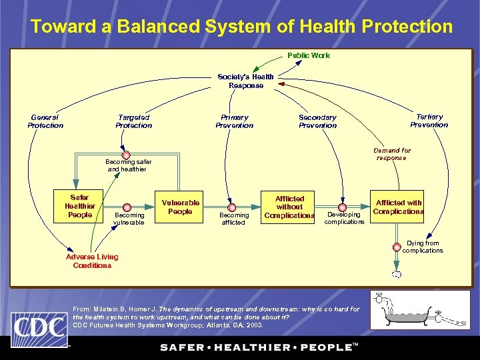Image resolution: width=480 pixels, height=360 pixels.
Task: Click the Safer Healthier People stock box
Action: click(80, 206)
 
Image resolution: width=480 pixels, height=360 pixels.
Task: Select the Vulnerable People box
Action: click(180, 207)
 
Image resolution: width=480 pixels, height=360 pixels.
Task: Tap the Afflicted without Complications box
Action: click(289, 207)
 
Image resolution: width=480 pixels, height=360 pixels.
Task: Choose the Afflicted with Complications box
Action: click(398, 207)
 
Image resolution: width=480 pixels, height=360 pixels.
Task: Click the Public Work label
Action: click(309, 55)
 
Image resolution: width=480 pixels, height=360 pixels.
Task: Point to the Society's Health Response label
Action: click(245, 81)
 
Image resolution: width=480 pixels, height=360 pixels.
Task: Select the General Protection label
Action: click(45, 121)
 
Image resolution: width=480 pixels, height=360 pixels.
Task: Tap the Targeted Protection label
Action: click(133, 121)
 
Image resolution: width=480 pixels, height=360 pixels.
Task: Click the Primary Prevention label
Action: click(234, 121)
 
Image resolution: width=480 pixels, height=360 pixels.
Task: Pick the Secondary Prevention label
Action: click(317, 121)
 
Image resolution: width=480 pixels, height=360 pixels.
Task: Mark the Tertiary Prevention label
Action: click(429, 121)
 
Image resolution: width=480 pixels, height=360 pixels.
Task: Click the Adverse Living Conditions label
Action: click(92, 261)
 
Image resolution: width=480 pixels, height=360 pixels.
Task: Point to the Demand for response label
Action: click(392, 154)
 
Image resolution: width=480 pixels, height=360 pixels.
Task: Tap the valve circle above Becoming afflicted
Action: click(233, 207)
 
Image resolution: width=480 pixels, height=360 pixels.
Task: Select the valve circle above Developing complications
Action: click(343, 207)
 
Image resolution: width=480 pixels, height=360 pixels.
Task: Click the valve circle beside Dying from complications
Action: click(397, 247)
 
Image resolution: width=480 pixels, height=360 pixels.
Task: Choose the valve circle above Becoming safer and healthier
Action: click(124, 154)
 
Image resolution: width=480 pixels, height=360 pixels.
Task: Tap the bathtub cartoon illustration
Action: click(419, 310)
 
